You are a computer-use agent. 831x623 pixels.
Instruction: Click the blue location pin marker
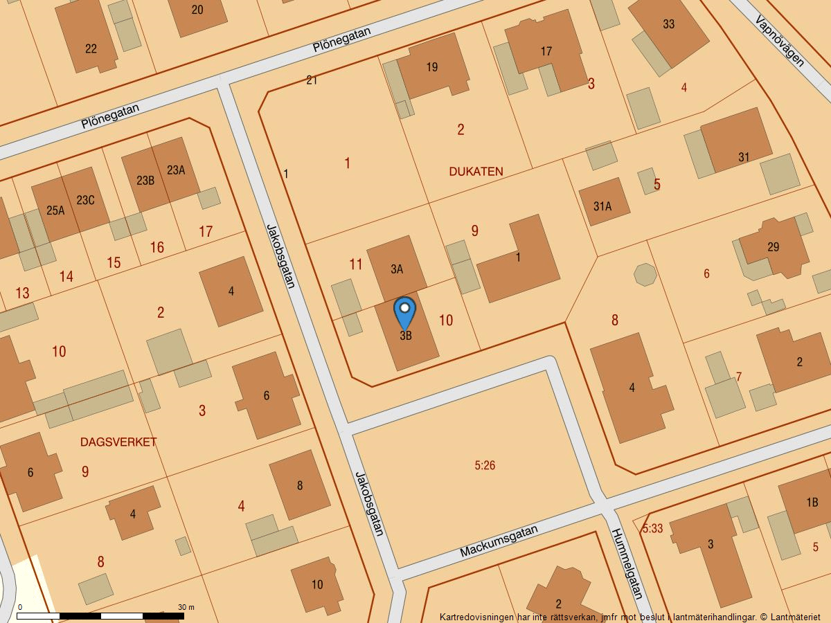404,312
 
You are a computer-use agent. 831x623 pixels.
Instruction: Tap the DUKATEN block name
476,172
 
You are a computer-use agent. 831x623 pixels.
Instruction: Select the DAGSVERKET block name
118,442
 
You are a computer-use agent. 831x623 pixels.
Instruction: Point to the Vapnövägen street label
780,41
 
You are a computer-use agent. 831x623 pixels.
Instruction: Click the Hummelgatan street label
627,563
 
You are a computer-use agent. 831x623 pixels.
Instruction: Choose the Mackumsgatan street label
499,542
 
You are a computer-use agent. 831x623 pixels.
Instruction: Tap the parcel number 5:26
485,466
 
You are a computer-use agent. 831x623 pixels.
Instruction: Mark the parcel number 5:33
652,529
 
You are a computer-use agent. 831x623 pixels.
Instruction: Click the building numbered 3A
396,269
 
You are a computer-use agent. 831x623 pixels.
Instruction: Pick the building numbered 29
773,246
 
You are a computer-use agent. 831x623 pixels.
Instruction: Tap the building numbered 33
668,28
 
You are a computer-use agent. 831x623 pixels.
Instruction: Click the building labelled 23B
144,180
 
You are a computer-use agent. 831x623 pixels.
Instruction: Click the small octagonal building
645,274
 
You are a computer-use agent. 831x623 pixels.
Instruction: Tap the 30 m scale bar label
186,607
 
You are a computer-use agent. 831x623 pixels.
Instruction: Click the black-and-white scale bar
100,615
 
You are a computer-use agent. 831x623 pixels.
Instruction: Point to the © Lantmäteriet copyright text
789,617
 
